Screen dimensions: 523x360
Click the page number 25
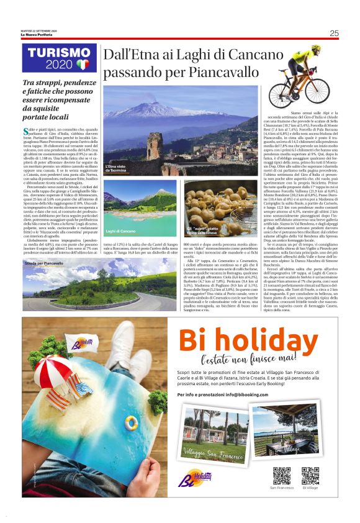pos(334,33)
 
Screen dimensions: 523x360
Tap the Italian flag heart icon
pos(83,64)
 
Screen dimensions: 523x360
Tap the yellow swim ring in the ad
pos(131,424)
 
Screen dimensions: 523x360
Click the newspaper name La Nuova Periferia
pos(38,35)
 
